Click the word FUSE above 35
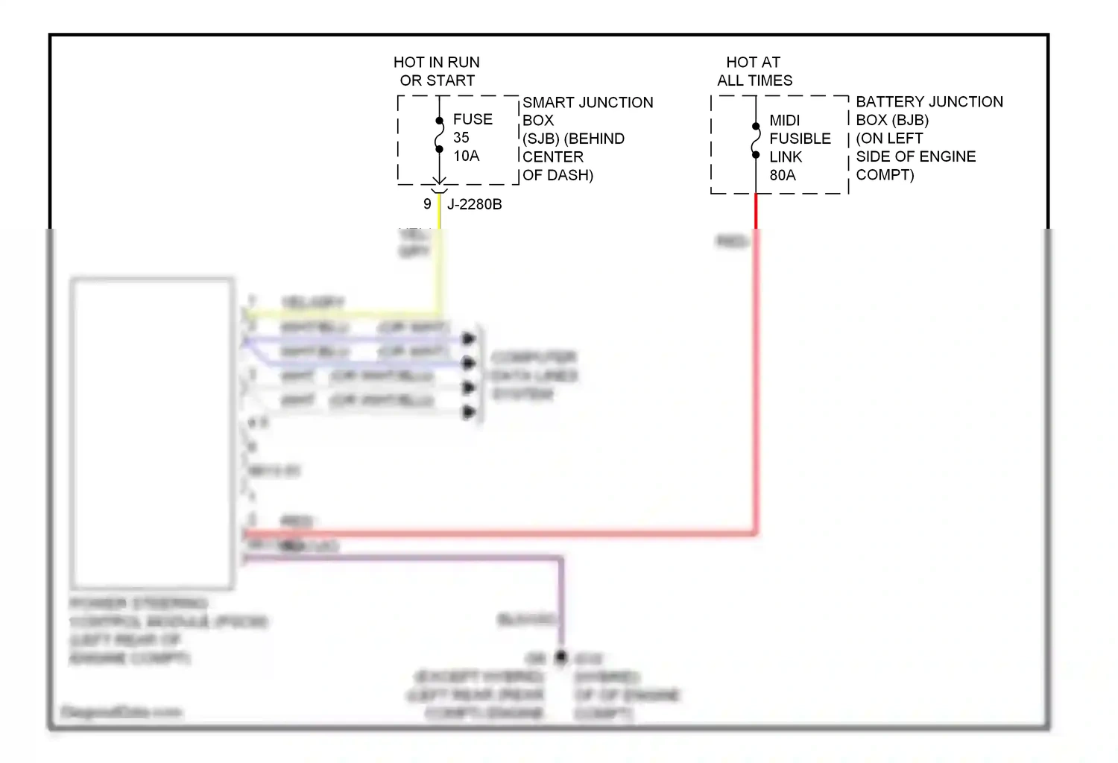[473, 119]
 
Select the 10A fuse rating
[466, 156]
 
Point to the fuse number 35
[461, 138]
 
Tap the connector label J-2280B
[474, 204]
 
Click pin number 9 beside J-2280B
[427, 204]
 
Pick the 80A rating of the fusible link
[783, 175]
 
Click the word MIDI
[784, 121]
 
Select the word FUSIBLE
[800, 139]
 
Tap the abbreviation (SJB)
[541, 139]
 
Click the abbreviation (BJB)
[909, 120]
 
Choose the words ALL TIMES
[754, 80]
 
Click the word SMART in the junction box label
[549, 102]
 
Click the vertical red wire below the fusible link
[756, 373]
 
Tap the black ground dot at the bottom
[561, 657]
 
